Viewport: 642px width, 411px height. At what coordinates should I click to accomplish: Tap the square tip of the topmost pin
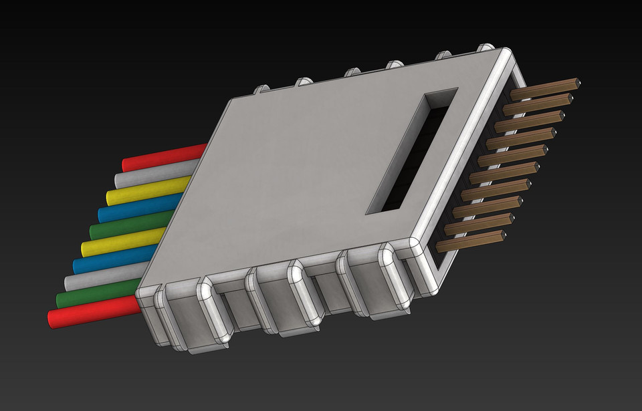click(577, 83)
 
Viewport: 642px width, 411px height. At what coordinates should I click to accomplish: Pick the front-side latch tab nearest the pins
click(395, 277)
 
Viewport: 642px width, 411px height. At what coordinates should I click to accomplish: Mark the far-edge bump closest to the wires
click(261, 88)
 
